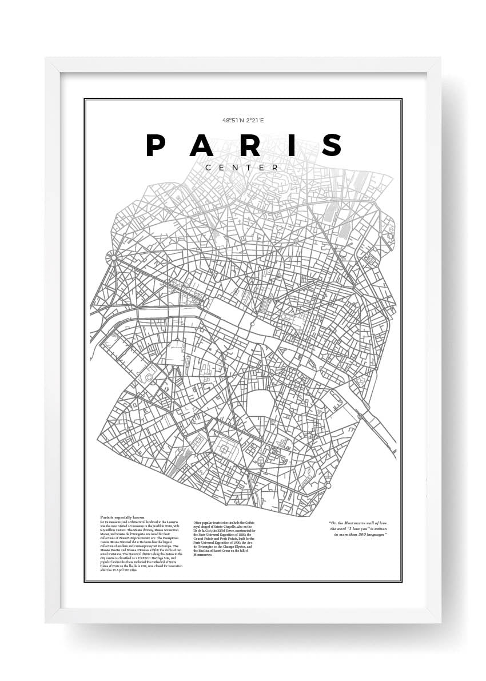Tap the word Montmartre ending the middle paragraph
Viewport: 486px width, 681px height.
[x=203, y=555]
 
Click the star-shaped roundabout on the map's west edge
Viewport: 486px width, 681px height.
[x=113, y=257]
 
